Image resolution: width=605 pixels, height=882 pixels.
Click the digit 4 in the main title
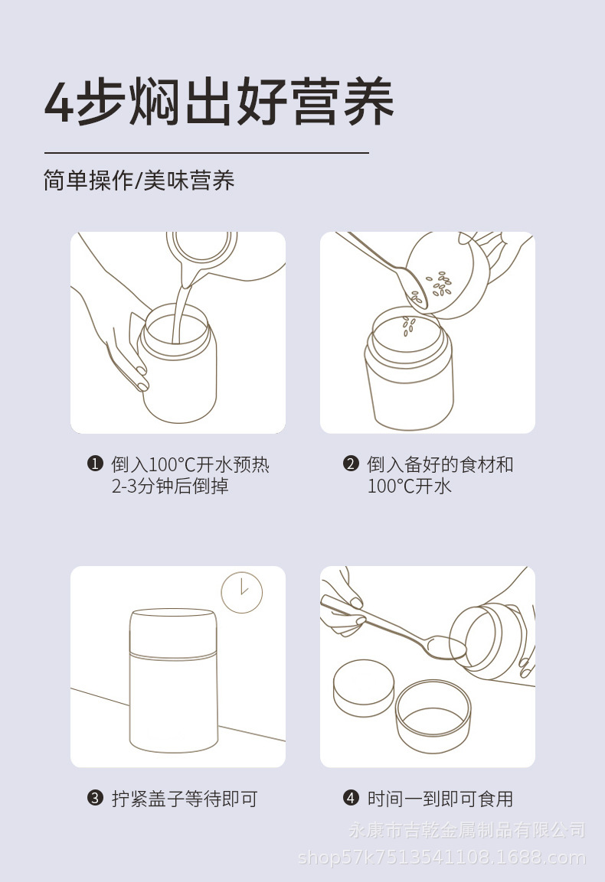(58, 103)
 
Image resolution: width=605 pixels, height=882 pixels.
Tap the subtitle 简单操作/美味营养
(139, 181)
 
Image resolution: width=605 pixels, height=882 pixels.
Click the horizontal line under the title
(206, 152)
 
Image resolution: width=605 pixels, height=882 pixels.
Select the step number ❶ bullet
(95, 464)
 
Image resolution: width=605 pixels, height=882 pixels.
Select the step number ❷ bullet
(351, 464)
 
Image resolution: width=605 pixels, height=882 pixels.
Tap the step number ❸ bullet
(95, 798)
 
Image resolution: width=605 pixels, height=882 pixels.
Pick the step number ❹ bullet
(351, 798)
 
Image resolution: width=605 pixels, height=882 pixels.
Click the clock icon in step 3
(242, 592)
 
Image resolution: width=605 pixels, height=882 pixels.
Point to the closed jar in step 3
(173, 681)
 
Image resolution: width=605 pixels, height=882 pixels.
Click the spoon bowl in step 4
(446, 647)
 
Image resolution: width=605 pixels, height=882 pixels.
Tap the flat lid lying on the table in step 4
(363, 688)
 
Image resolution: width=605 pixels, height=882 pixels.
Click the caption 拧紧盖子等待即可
(185, 798)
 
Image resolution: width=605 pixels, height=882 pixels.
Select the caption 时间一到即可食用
(440, 798)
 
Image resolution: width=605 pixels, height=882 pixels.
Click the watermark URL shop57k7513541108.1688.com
(442, 858)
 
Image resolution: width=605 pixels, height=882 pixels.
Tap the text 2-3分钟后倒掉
(169, 486)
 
